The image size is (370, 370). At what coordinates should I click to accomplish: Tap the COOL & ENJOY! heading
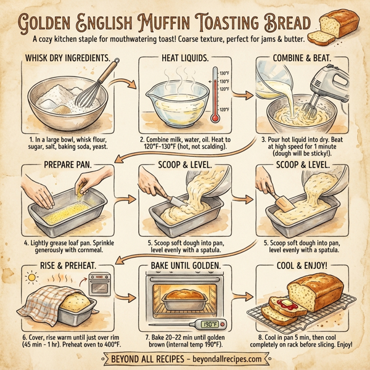point(304,266)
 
